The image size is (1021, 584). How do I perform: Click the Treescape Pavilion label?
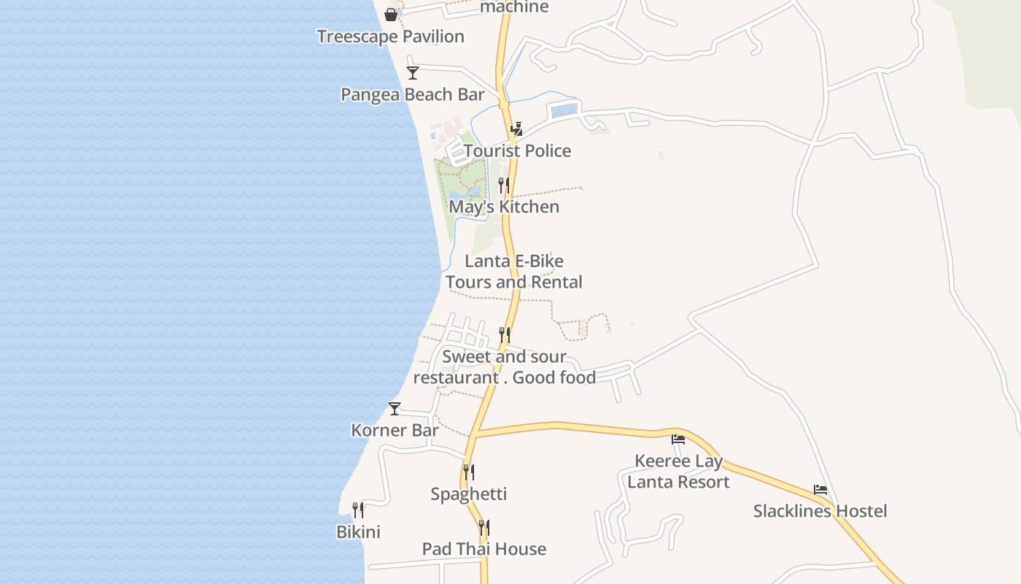[390, 36]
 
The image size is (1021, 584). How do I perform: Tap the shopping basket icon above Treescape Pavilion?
[391, 14]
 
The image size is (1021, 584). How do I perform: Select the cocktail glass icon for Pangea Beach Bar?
[413, 72]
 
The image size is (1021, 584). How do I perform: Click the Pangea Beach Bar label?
[413, 95]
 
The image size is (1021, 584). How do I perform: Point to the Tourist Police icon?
[517, 129]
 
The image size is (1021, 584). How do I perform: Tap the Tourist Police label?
[517, 151]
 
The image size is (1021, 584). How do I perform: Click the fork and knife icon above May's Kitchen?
[504, 185]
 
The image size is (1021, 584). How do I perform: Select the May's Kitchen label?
[504, 207]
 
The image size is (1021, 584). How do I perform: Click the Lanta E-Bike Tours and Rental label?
[514, 272]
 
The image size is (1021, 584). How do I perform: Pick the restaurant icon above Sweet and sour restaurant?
[505, 334]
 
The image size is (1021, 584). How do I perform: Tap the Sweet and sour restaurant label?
[505, 367]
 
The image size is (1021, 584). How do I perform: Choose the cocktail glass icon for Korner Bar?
[395, 409]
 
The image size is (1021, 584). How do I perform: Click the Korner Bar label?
[395, 431]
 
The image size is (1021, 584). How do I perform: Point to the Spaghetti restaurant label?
[468, 494]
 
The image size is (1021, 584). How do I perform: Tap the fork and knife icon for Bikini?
[358, 510]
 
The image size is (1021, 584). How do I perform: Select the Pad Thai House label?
[484, 549]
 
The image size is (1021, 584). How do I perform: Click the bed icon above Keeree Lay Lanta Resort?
[678, 439]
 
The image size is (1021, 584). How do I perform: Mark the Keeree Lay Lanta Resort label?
[678, 472]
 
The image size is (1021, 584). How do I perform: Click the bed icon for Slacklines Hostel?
[820, 490]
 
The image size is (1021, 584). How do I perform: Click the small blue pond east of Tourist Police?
[564, 111]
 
